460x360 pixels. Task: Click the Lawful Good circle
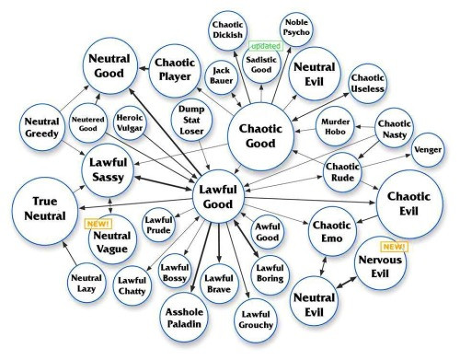tap(218, 197)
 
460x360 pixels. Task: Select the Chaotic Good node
tap(260, 136)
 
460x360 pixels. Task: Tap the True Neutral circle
tap(45, 211)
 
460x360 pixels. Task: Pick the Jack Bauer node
tap(221, 75)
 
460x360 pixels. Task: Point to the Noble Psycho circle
tap(296, 29)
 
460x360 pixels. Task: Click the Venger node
tap(428, 150)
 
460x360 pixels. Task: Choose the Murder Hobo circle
tap(335, 126)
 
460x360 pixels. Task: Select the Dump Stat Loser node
tap(191, 120)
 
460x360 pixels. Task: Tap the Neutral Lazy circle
tap(86, 284)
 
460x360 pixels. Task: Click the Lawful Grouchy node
tap(256, 319)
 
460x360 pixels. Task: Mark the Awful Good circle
tap(268, 232)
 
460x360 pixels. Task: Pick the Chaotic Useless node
tap(367, 83)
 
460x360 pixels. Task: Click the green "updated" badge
tap(266, 46)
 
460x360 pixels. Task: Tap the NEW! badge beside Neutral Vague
tap(98, 224)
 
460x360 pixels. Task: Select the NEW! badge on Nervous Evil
tap(394, 247)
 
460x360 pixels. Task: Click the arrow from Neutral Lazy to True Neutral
tap(70, 253)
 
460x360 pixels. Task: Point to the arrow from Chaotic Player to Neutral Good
tap(144, 68)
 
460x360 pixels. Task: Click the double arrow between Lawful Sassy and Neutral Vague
tap(110, 205)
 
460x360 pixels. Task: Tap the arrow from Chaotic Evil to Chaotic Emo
tap(367, 219)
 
